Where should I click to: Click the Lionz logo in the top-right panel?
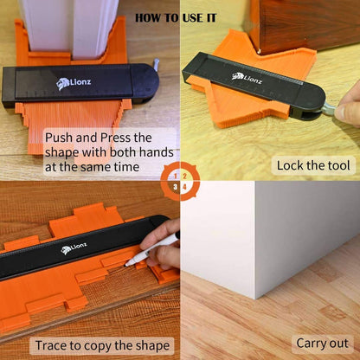pyautogui.click(x=248, y=77)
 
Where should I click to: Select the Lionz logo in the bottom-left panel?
pyautogui.click(x=77, y=249)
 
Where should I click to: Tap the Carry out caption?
pyautogui.click(x=322, y=343)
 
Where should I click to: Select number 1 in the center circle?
pyautogui.click(x=175, y=175)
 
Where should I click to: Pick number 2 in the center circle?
pyautogui.click(x=185, y=175)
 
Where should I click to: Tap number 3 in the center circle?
pyautogui.click(x=175, y=185)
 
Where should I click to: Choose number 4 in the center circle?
pyautogui.click(x=185, y=185)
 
